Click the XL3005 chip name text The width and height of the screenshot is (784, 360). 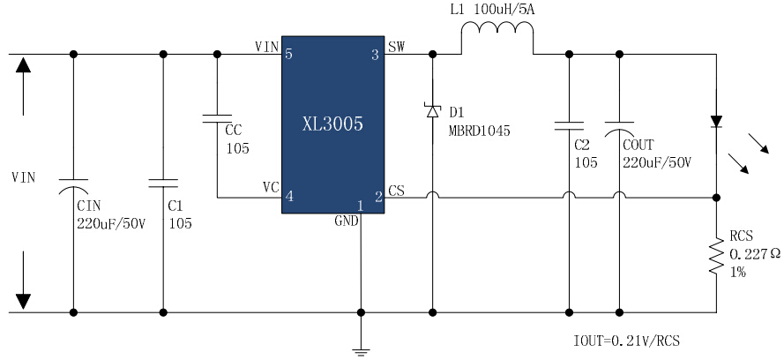point(332,124)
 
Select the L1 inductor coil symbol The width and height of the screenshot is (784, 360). point(497,31)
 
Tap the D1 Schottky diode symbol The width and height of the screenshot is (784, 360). point(432,111)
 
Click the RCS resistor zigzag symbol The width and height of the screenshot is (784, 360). point(716,256)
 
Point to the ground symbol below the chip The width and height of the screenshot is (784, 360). point(361,351)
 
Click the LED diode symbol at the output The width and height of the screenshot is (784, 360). point(716,122)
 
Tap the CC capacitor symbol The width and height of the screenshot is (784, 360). point(217,118)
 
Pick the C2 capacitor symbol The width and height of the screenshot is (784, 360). point(569,126)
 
